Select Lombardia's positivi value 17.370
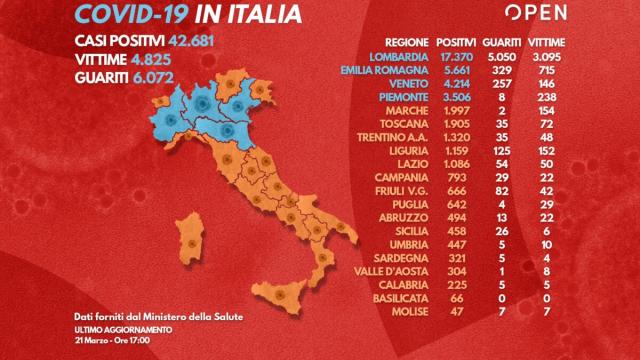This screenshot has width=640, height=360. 455,57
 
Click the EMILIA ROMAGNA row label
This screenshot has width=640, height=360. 387,72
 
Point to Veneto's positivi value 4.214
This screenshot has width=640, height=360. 455,87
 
